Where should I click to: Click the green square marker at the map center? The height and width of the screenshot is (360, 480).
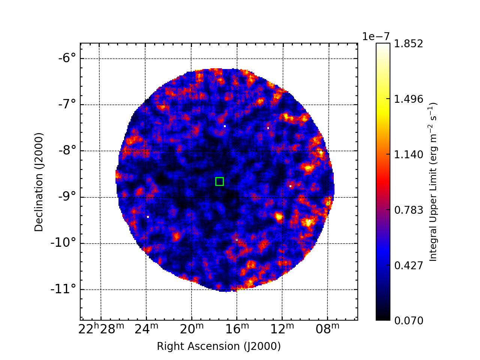[x=220, y=181]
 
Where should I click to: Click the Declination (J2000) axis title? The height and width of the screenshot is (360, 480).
[x=39, y=182]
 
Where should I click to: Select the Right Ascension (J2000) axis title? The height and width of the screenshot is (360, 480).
[x=219, y=346]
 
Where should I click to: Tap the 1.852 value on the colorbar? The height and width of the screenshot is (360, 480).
[x=408, y=44]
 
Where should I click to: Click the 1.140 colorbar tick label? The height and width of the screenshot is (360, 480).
[x=408, y=155]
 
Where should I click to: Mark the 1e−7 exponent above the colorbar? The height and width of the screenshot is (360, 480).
[x=376, y=36]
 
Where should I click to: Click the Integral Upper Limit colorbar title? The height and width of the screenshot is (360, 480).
[x=433, y=182]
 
